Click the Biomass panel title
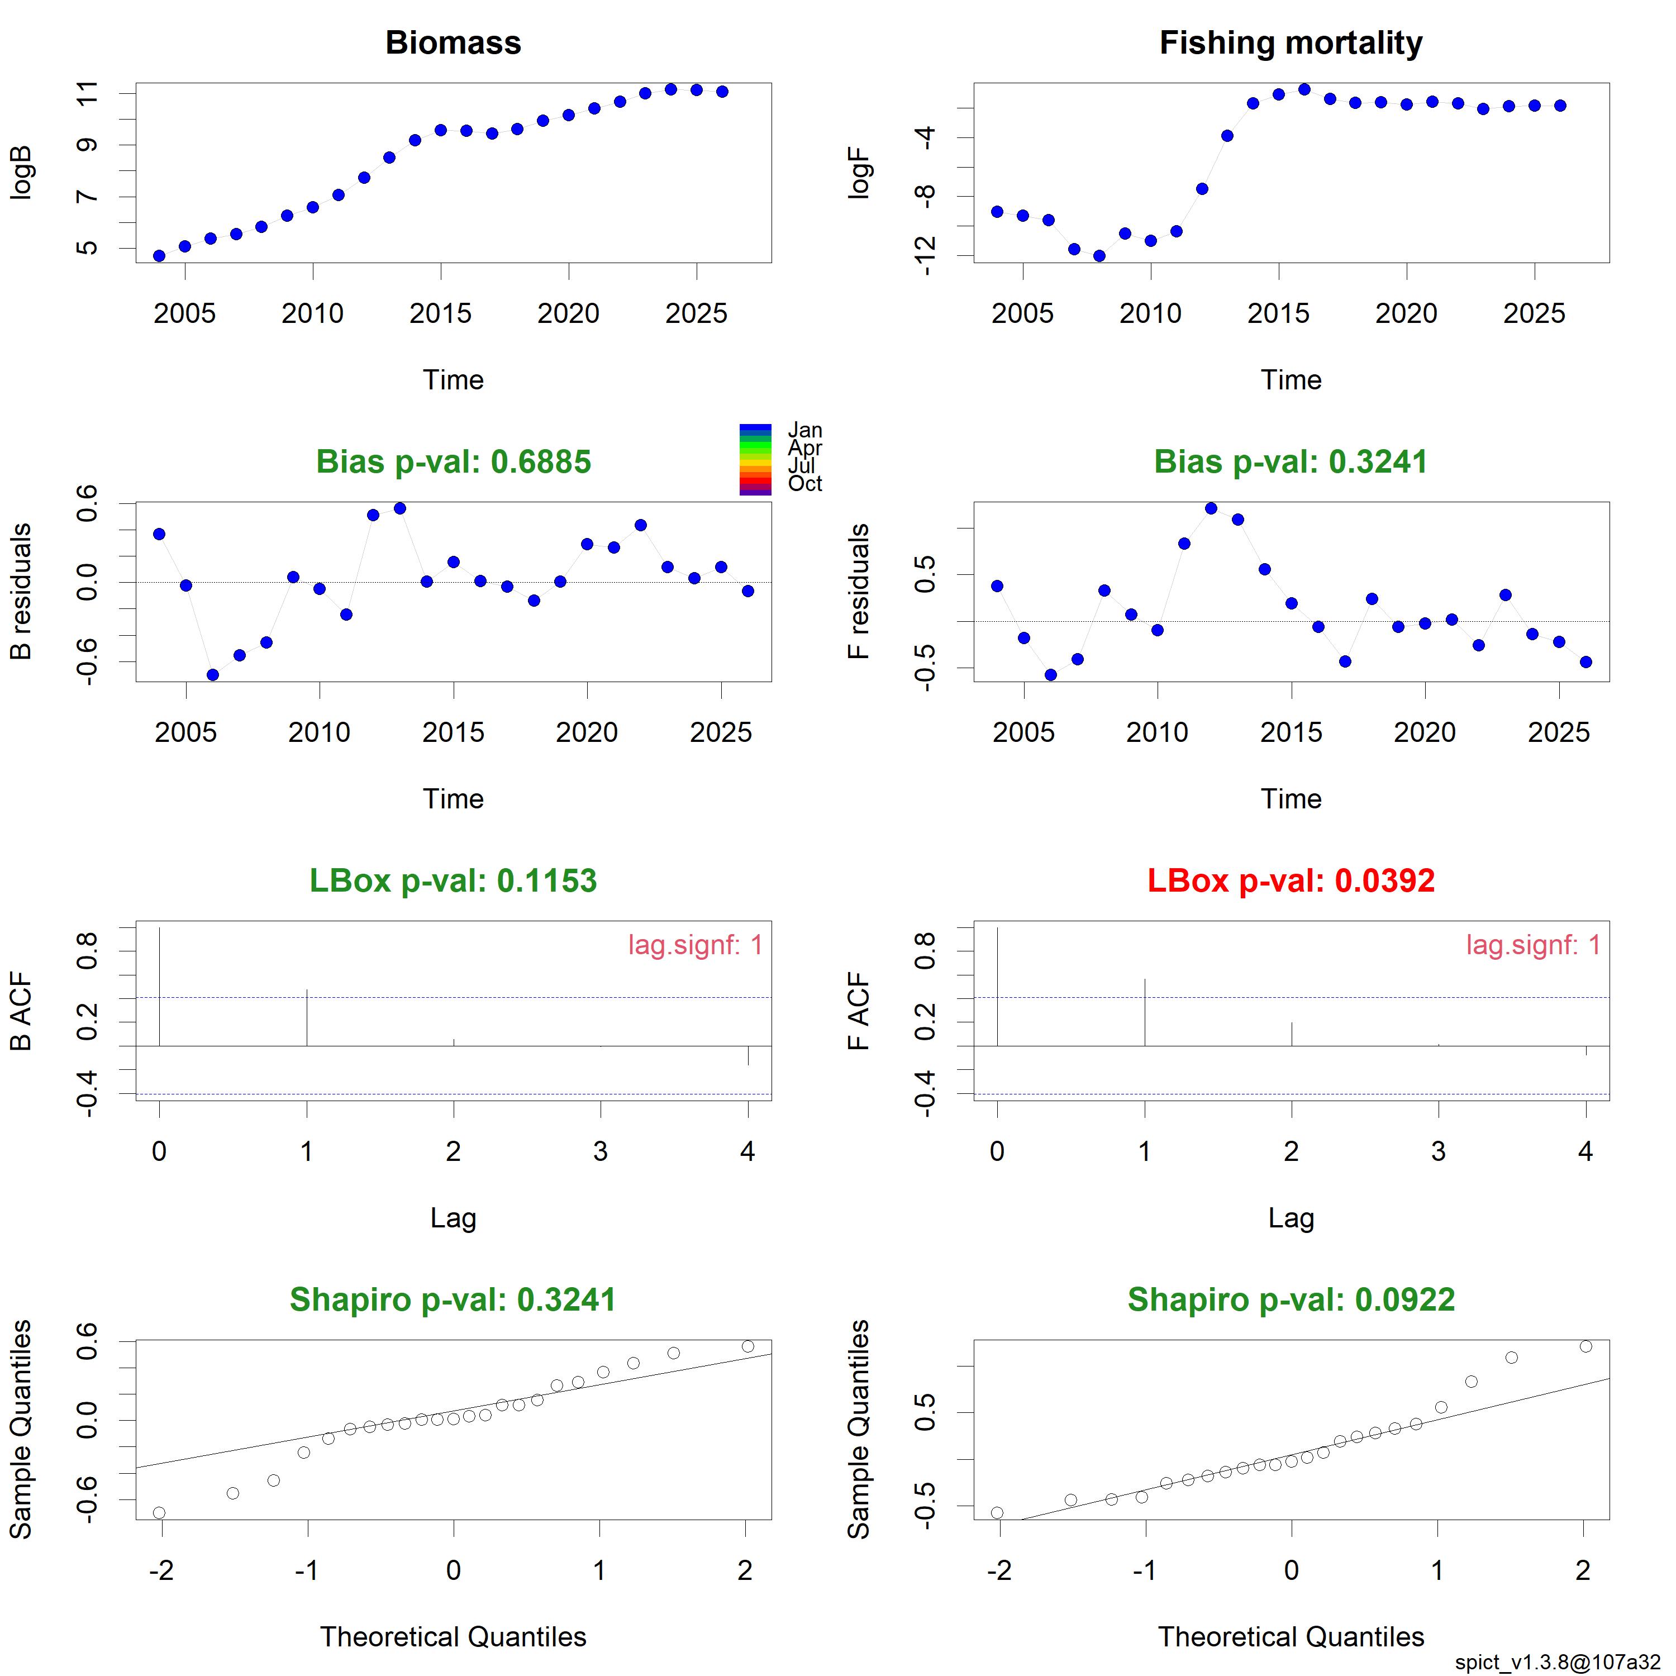[453, 42]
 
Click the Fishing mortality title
[1291, 42]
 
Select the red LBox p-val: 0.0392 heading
[1291, 880]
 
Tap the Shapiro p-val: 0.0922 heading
[1291, 1299]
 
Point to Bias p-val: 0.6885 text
[453, 461]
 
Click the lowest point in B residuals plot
[212, 675]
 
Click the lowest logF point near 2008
[1099, 256]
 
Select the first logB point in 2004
[159, 256]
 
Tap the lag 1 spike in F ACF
[1145, 1012]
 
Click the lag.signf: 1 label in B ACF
[695, 945]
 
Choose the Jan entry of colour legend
[804, 430]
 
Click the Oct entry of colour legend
[804, 484]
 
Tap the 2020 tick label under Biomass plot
[568, 313]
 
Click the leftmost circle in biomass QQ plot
[159, 1513]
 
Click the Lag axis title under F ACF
[1291, 1218]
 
